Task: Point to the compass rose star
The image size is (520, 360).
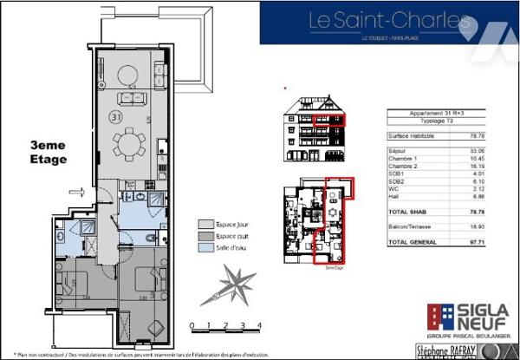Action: tap(227, 285)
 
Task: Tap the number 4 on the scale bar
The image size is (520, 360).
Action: tap(259, 326)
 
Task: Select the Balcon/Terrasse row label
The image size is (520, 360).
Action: tap(410, 228)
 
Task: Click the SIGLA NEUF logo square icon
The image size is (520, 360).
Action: tap(439, 317)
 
